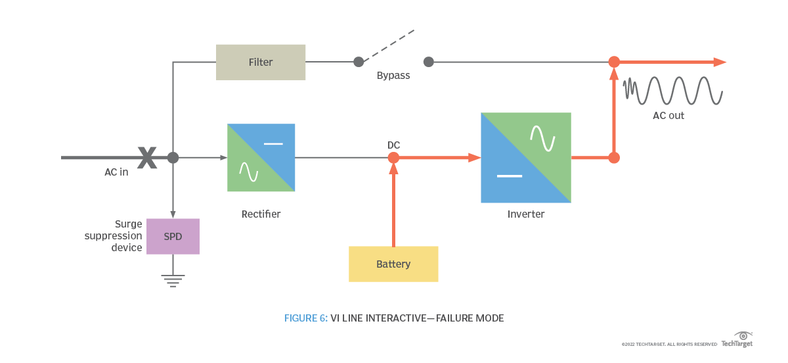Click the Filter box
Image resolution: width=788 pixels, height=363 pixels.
(261, 62)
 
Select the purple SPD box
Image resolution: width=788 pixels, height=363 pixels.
(173, 236)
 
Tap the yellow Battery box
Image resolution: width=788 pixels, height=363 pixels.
(393, 264)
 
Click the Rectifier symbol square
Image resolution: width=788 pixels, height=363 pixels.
(261, 158)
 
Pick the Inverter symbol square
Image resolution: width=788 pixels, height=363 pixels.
(526, 158)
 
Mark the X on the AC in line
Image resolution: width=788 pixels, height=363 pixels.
(147, 158)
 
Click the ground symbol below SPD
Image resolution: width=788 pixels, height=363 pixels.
(173, 281)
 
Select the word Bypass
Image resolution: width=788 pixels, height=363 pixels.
(393, 76)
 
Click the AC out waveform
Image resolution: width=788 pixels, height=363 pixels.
(674, 91)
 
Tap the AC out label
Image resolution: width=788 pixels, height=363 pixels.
(668, 116)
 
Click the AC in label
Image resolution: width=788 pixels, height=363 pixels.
(116, 172)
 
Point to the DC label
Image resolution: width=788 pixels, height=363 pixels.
(393, 145)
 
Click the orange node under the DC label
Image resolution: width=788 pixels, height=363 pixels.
(393, 158)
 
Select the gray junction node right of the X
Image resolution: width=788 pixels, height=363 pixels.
(173, 158)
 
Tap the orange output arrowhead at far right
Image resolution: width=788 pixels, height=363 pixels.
(720, 62)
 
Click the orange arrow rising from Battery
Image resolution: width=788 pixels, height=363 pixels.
(393, 204)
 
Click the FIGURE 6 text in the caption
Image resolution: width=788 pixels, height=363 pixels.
(305, 318)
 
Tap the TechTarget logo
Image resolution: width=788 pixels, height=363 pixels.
(737, 340)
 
